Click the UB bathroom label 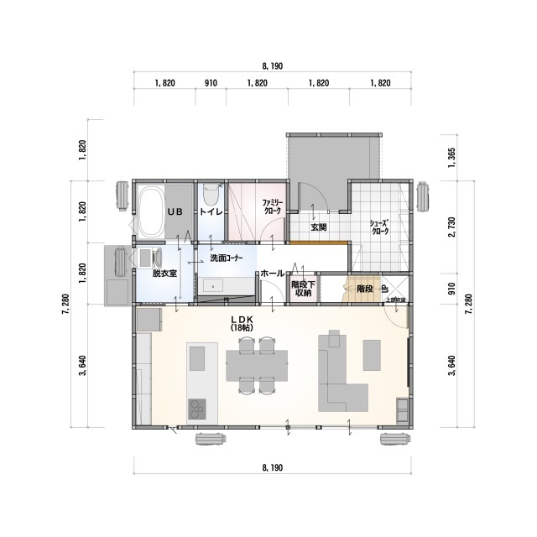[175, 212]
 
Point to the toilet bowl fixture [211, 195]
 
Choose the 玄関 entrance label [318, 227]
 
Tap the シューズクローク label [380, 228]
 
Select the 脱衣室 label [164, 274]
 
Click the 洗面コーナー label [227, 258]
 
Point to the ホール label [271, 274]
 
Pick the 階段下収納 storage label [301, 289]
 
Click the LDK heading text [242, 320]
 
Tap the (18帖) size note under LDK [242, 328]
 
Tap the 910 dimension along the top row [211, 84]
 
